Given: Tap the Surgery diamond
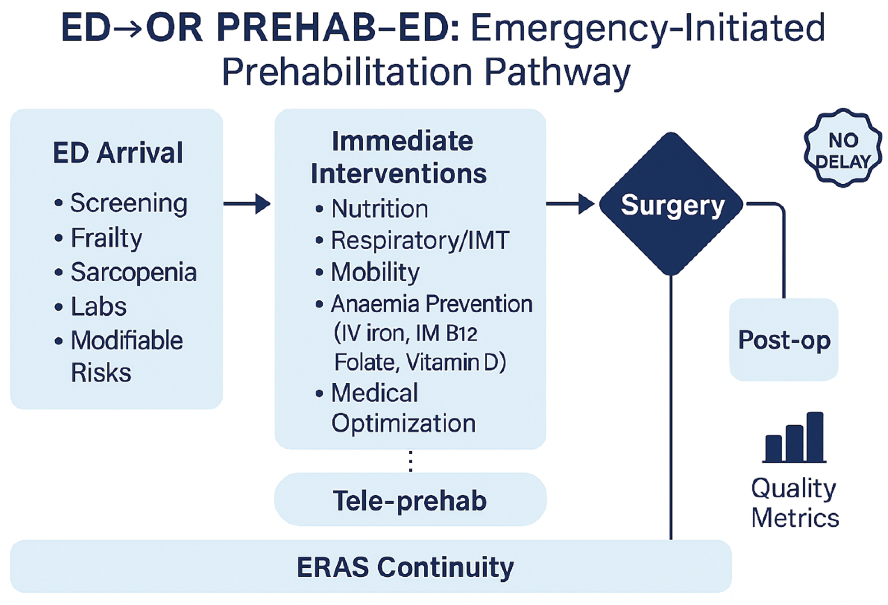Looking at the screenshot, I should point(671,204).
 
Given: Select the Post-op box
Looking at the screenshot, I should point(784,340).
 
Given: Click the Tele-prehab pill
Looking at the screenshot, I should point(410,500).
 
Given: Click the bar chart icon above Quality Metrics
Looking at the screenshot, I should point(795,438).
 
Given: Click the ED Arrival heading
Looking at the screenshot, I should point(118,153).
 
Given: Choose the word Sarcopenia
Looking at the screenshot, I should point(133,272).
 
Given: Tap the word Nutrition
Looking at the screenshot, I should point(380,209).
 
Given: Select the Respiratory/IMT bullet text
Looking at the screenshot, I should point(420,241).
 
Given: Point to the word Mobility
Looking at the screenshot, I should point(375,272).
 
